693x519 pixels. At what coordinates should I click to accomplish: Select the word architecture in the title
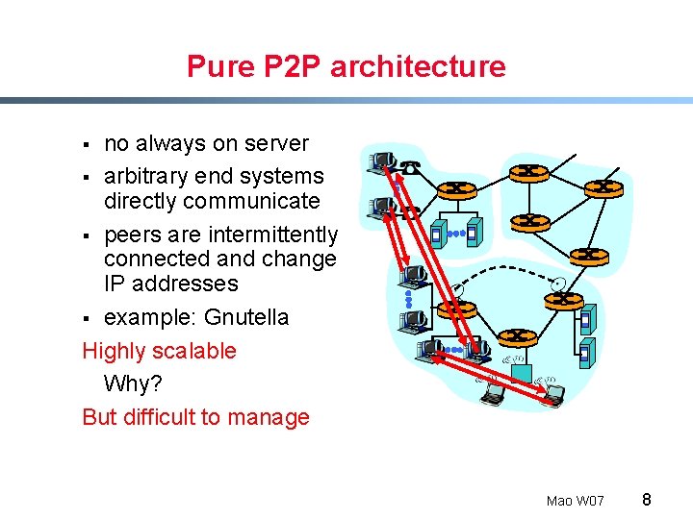point(418,66)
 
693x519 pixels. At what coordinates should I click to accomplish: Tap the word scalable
point(192,351)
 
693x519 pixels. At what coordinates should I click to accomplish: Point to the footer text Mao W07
point(575,501)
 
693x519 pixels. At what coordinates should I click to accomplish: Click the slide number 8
point(647,500)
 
